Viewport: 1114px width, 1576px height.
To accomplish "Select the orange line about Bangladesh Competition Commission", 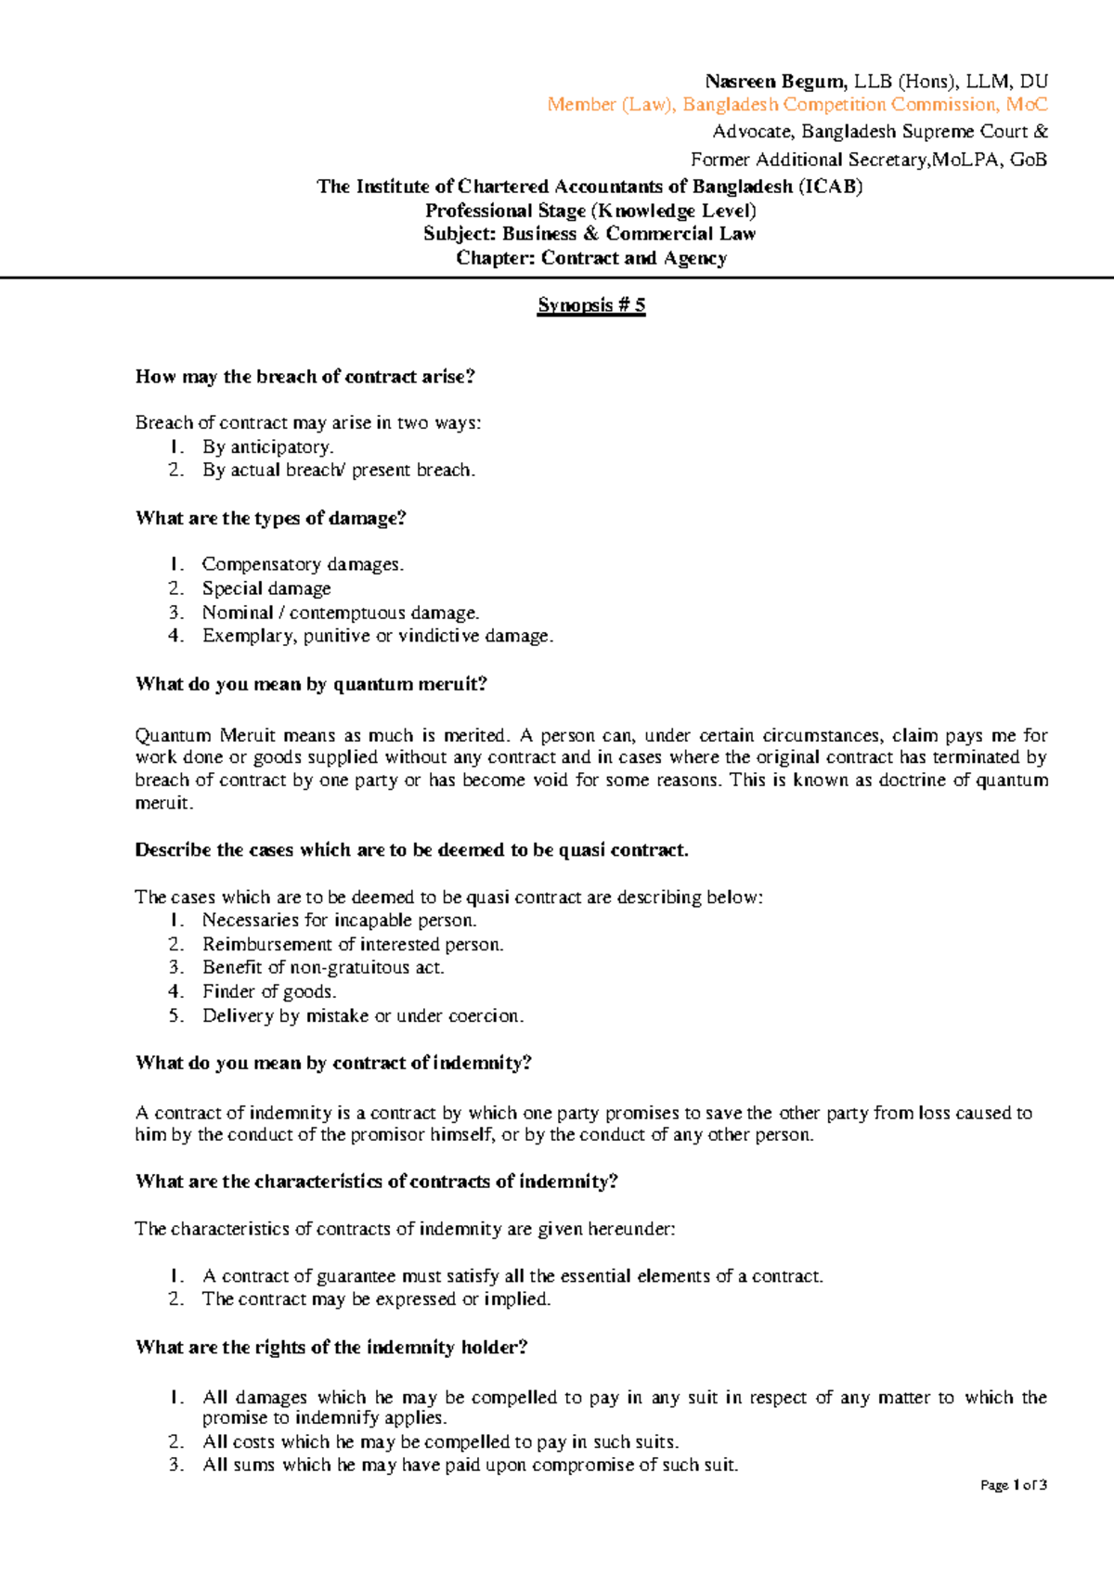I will click(797, 105).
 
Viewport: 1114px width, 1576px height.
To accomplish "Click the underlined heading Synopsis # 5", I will click(591, 305).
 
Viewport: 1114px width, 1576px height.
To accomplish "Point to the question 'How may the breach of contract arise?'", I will click(305, 377).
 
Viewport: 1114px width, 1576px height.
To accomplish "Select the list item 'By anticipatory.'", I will click(268, 447).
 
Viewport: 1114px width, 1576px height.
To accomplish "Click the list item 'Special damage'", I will click(266, 588).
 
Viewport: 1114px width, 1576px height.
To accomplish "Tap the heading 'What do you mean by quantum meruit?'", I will click(311, 685).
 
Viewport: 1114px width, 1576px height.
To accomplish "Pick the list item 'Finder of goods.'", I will click(269, 992).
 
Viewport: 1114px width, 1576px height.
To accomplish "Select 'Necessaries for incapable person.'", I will click(340, 921).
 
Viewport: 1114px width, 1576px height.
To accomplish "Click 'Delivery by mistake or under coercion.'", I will click(363, 1016).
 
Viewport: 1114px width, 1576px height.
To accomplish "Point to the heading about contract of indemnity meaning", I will click(333, 1064).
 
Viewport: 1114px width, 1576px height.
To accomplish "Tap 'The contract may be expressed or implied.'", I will click(377, 1299).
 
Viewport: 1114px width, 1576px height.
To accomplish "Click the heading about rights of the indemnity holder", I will click(331, 1348).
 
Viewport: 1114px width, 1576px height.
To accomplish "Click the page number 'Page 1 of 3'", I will click(1014, 1485).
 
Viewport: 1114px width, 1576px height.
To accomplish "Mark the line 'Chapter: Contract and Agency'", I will click(591, 259).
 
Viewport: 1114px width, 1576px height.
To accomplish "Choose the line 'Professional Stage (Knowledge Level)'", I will click(590, 211).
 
